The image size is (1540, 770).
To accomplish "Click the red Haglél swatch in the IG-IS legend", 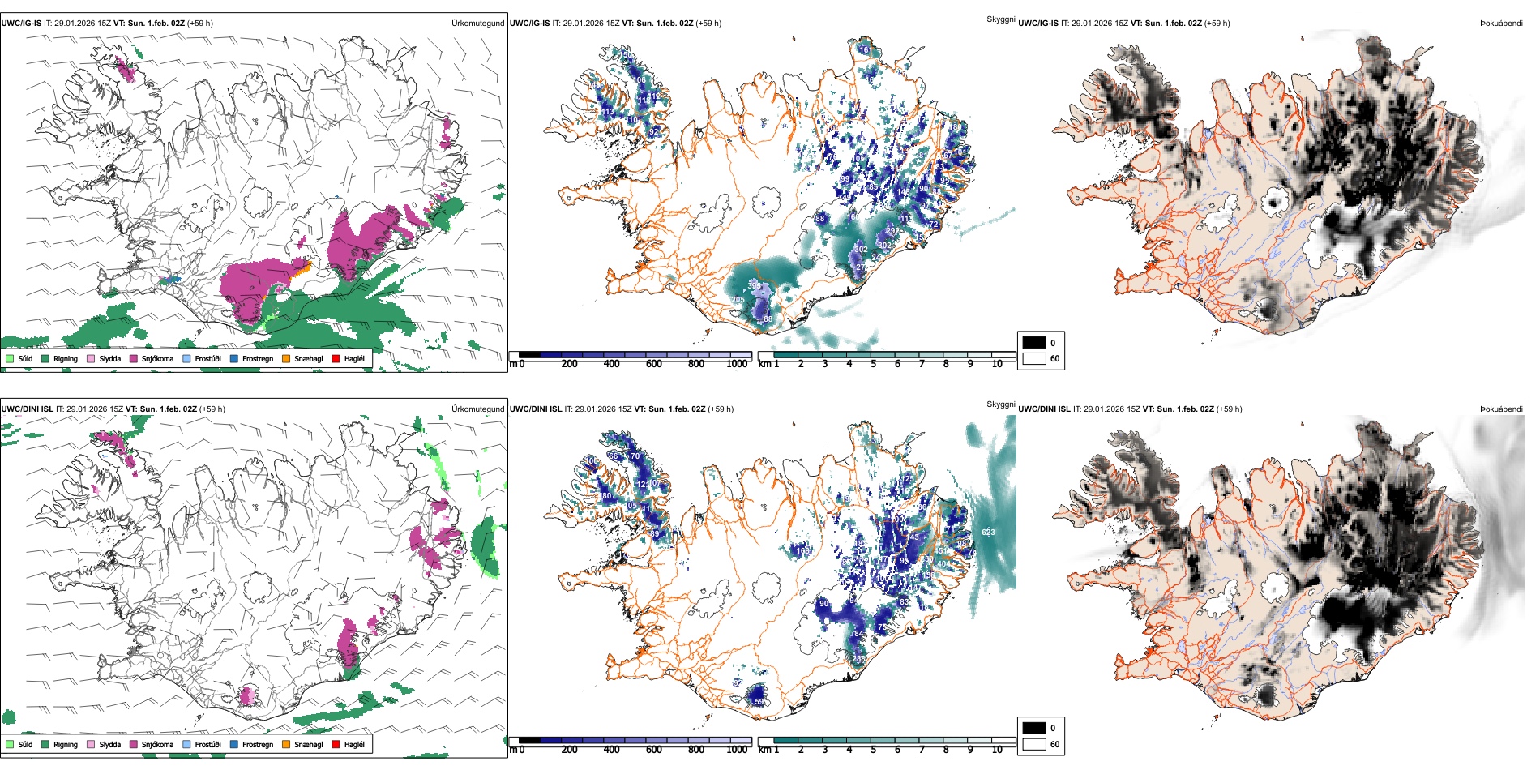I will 335,358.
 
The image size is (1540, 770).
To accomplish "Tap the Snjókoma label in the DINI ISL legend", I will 157,744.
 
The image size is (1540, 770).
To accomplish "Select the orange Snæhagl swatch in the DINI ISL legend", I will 286,744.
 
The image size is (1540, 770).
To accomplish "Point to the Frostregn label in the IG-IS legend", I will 258,358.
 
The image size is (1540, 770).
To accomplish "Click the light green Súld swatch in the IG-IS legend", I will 10,358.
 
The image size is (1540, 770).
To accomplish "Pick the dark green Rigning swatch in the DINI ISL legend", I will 45,744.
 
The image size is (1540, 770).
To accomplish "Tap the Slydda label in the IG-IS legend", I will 109,358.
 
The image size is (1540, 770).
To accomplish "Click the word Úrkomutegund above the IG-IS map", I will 477,23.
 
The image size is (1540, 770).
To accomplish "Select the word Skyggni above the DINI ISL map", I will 1000,404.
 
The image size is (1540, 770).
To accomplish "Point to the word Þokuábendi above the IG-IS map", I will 1501,23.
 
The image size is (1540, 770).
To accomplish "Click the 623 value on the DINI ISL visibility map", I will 988,532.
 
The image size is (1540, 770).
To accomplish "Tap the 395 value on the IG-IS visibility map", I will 755,285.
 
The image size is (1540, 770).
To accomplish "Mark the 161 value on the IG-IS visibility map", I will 866,50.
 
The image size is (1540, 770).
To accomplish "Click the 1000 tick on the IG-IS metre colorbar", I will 737,364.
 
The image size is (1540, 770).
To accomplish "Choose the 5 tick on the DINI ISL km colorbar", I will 873,750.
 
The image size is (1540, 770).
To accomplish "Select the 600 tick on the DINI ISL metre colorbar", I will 653,750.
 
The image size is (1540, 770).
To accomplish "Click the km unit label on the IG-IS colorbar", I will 764,364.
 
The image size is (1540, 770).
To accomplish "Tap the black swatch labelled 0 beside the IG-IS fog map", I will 1034,343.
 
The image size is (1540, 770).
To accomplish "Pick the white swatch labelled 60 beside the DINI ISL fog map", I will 1034,744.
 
